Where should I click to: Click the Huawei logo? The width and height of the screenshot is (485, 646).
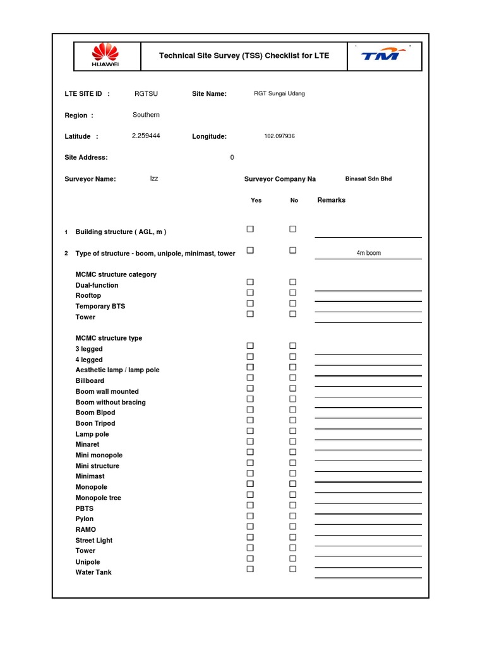coord(105,56)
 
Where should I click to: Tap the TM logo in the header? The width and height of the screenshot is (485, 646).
coord(382,56)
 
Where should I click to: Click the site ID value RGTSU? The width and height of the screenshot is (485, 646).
coord(146,94)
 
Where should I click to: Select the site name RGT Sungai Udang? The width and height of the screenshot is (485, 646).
coord(279,94)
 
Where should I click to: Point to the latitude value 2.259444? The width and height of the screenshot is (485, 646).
coord(146,136)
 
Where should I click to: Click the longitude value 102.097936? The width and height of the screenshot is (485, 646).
coord(279,136)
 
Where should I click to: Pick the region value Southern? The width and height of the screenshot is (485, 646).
coord(146,115)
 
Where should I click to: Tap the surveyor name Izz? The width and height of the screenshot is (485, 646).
coord(154,179)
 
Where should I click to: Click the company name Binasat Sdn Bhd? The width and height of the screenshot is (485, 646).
coord(368,179)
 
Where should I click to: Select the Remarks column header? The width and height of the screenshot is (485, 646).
coord(332,200)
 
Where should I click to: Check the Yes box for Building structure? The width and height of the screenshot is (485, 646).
coord(250,229)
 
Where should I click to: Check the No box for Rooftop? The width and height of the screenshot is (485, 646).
coord(293,293)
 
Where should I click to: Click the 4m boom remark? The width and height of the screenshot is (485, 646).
coord(368,253)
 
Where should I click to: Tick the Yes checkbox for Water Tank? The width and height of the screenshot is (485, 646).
coord(250,569)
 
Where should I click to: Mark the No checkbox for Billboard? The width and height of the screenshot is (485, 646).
coord(293,378)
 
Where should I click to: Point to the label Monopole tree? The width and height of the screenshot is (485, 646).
coord(98,498)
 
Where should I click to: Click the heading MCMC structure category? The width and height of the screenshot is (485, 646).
coord(116,274)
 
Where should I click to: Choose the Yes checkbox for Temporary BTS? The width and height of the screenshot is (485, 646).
coord(250,303)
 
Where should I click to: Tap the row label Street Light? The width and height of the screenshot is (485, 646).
coord(94,541)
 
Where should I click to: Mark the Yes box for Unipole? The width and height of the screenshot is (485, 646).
coord(250,558)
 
